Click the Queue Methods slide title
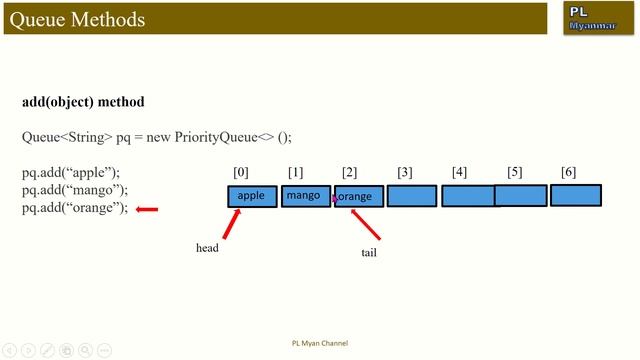coord(77,19)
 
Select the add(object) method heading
coord(83,102)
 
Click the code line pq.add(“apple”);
coord(71,172)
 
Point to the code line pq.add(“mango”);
coord(75,190)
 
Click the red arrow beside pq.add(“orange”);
coord(147,209)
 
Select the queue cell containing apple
coord(252,196)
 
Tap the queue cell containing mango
coord(305,196)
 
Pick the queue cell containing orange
coord(358,197)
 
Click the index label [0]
coord(241,173)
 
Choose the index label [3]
coord(404,173)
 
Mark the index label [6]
coord(569,172)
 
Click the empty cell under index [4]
coord(467,196)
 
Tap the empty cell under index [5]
coord(521,196)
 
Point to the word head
coord(207,248)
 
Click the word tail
coord(368,253)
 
